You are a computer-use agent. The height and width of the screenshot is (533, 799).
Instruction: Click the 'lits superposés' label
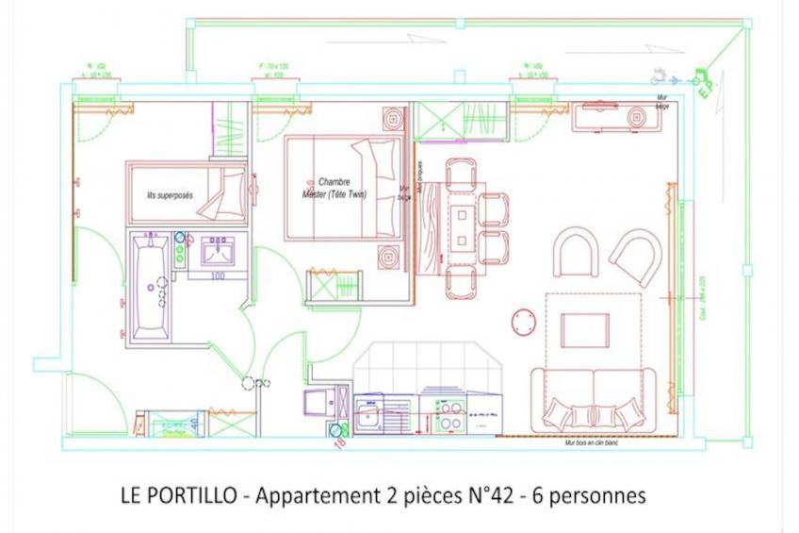[170, 196]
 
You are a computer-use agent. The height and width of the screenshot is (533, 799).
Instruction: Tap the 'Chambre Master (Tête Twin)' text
[341, 188]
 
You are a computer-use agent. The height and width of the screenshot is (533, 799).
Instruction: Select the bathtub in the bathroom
[151, 286]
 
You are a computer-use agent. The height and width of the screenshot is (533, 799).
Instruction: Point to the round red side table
[523, 321]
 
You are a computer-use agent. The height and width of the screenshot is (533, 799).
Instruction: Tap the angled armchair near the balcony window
[636, 255]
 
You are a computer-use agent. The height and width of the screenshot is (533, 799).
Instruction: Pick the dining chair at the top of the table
[462, 174]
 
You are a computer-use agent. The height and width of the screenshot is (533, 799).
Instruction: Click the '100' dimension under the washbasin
[218, 275]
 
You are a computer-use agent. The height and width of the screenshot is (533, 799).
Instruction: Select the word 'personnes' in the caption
[602, 495]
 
